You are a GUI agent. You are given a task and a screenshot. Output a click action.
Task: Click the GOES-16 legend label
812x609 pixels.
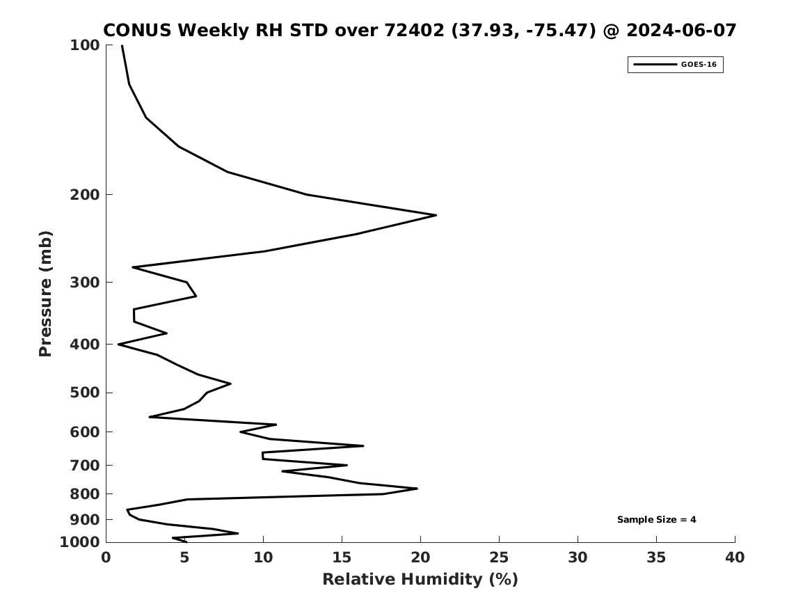pos(699,65)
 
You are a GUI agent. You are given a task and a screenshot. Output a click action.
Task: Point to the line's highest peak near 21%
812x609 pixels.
pos(436,215)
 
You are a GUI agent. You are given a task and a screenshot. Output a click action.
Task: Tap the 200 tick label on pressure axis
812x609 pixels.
pos(84,195)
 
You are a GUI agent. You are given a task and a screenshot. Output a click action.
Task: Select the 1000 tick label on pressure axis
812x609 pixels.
pos(80,542)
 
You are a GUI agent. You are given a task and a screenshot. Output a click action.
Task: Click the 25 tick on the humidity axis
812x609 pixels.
pos(499,557)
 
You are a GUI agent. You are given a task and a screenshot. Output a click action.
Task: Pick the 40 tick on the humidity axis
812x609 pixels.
pos(735,557)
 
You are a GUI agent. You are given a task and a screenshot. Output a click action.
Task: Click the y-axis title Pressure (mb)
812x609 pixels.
pos(45,294)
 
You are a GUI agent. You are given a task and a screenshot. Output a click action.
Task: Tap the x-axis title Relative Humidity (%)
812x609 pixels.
pos(420,579)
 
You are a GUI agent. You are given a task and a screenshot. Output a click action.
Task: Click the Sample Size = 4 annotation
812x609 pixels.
pos(657,519)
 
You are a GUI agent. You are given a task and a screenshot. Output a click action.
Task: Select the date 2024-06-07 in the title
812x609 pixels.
pos(681,31)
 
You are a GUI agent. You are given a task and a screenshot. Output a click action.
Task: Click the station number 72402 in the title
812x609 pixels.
pos(414,31)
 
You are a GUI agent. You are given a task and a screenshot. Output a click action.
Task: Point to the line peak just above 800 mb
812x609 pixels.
pos(417,489)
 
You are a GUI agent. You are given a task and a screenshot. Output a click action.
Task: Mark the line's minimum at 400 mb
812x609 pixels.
pos(118,345)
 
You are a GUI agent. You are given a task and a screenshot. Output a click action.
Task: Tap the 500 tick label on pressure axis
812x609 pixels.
pos(84,393)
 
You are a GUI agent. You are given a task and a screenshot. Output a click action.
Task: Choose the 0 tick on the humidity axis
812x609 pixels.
pos(106,557)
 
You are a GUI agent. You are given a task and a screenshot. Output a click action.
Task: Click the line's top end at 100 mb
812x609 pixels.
pos(122,45)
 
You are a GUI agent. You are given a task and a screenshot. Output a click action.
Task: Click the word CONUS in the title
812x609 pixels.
pos(137,31)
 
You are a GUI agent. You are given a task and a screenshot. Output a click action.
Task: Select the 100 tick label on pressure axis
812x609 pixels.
pos(84,45)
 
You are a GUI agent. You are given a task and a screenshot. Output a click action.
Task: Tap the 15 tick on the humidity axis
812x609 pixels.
pos(342,557)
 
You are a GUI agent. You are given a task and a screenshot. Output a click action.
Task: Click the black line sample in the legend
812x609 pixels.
pos(655,65)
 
